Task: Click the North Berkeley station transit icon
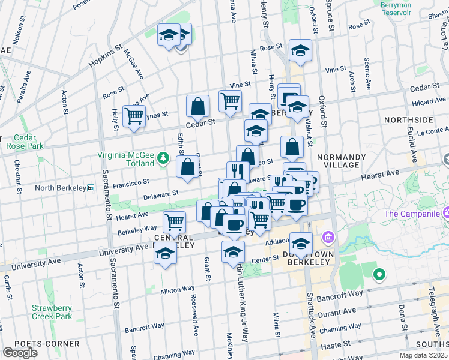(x=91, y=187)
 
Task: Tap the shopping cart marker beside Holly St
(x=134, y=116)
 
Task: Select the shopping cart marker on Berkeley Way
(x=175, y=222)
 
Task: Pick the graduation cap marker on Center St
(x=233, y=252)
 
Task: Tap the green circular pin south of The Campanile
(x=379, y=275)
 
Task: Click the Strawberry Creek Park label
(x=52, y=312)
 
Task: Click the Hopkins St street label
(x=106, y=55)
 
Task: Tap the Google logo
(x=20, y=352)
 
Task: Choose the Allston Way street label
(x=178, y=290)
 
